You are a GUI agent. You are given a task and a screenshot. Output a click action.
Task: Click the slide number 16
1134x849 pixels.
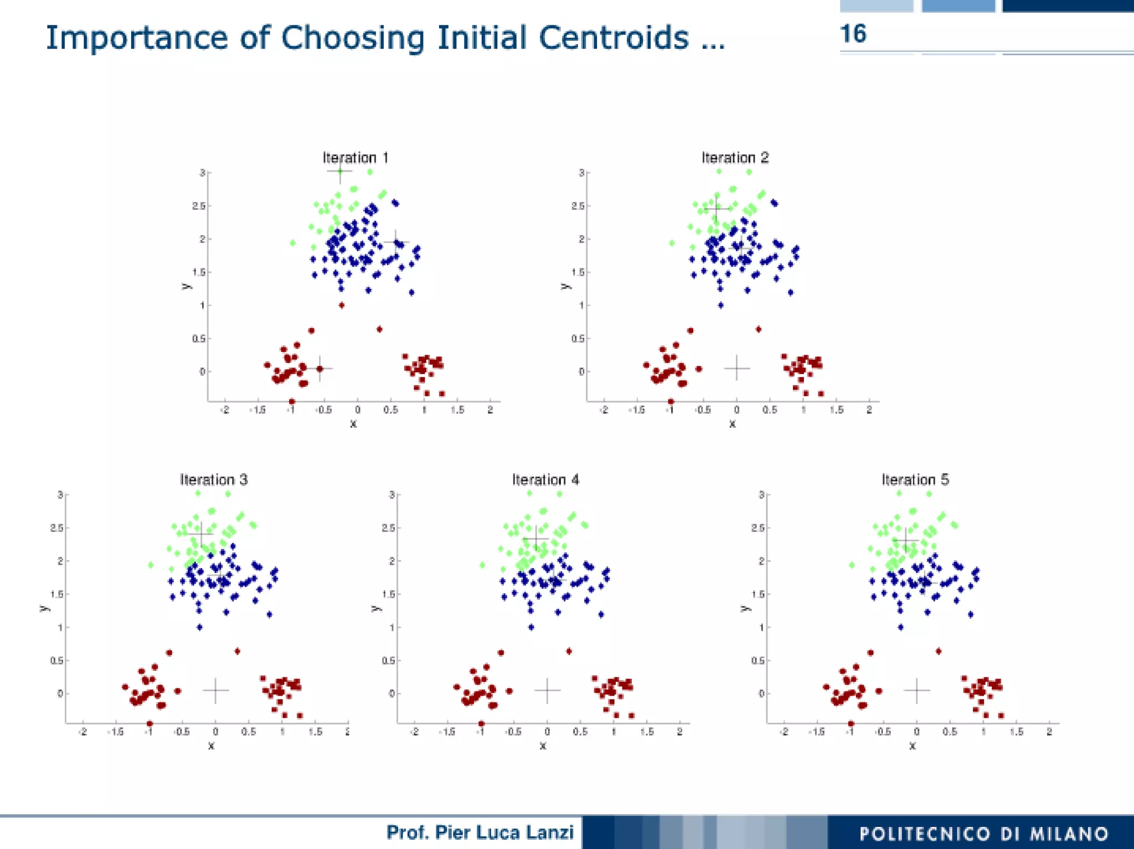click(x=853, y=34)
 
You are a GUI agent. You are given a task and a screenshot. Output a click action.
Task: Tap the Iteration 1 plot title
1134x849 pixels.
click(x=355, y=158)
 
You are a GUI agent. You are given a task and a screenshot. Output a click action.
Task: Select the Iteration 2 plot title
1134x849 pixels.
click(x=735, y=158)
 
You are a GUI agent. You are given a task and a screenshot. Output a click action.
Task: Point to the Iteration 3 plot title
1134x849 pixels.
click(x=214, y=479)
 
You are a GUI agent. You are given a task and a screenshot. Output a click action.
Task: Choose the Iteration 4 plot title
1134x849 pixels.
click(x=545, y=479)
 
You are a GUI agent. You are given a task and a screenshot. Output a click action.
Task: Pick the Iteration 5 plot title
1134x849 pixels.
click(x=915, y=479)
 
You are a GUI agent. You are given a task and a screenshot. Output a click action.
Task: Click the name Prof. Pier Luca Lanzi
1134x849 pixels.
click(x=480, y=832)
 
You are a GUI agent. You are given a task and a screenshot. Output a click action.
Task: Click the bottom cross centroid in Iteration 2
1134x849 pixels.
click(x=737, y=368)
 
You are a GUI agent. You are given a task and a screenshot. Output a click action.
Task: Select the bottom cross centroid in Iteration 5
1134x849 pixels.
click(x=917, y=690)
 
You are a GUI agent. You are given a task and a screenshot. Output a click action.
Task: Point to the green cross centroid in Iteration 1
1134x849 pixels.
click(x=340, y=171)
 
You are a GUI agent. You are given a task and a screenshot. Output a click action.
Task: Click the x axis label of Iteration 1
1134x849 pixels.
click(x=353, y=424)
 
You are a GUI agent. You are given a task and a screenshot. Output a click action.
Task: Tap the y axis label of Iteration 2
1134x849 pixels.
click(x=564, y=286)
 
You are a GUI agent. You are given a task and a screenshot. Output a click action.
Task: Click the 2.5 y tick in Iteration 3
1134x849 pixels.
click(x=56, y=528)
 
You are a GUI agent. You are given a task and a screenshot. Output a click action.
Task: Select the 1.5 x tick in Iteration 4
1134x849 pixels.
click(x=646, y=732)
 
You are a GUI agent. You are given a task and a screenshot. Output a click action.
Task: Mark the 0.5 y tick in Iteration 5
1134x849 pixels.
click(x=757, y=661)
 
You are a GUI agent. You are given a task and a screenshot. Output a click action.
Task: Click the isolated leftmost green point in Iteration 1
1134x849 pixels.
click(x=292, y=243)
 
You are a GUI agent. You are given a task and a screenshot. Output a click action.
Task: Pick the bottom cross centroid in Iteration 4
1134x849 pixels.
click(x=548, y=690)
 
